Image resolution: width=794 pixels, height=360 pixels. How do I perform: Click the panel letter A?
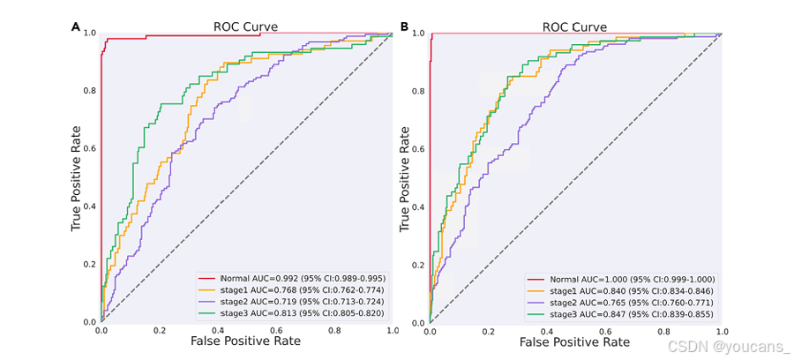(x=75, y=26)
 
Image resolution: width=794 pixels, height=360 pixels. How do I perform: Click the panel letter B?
(x=404, y=26)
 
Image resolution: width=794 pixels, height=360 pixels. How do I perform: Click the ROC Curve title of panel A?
(x=245, y=26)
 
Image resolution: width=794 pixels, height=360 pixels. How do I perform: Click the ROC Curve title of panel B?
(x=574, y=26)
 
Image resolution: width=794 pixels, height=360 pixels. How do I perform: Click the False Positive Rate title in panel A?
(x=246, y=341)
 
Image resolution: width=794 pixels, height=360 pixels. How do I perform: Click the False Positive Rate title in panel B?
(x=575, y=341)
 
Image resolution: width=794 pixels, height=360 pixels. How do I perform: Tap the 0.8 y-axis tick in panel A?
(x=89, y=91)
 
